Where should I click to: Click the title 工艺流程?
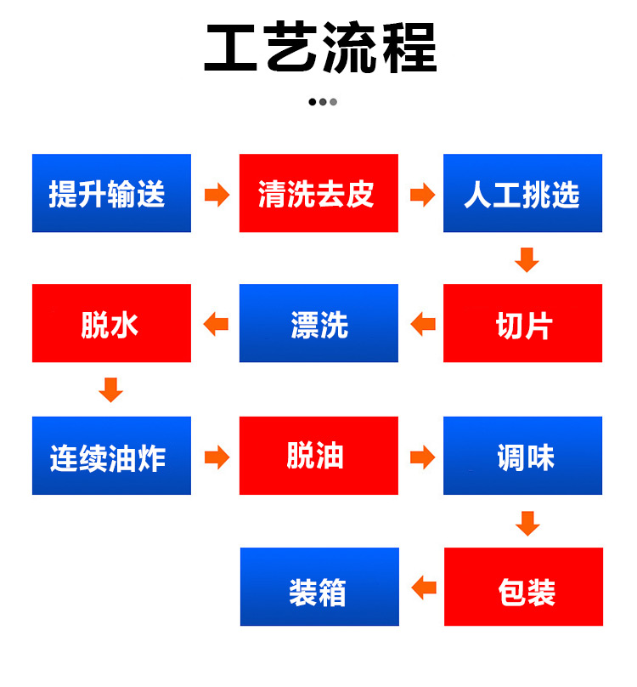[x=320, y=48]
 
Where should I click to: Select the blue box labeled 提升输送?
[x=111, y=193]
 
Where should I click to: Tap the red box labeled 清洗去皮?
[x=318, y=193]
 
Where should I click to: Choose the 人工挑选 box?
[x=522, y=193]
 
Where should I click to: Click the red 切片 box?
[x=522, y=323]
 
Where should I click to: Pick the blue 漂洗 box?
[x=318, y=323]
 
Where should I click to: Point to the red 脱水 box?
[x=111, y=323]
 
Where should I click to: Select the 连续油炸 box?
[x=111, y=455]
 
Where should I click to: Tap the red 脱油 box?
[x=318, y=455]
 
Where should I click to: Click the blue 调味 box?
[x=522, y=455]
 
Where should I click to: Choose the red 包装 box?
[x=523, y=586]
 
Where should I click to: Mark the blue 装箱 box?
[x=319, y=586]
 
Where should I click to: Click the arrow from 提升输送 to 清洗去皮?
[x=217, y=195]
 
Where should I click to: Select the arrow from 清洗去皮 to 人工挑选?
[x=422, y=195]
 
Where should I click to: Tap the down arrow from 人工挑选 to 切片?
[x=527, y=260]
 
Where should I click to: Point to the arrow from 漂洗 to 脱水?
[x=216, y=324]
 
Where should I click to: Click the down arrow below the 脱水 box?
[x=110, y=389]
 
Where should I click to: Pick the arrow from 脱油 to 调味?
[x=422, y=457]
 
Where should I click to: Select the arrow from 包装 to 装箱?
[x=424, y=588]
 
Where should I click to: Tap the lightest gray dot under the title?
[x=334, y=102]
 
